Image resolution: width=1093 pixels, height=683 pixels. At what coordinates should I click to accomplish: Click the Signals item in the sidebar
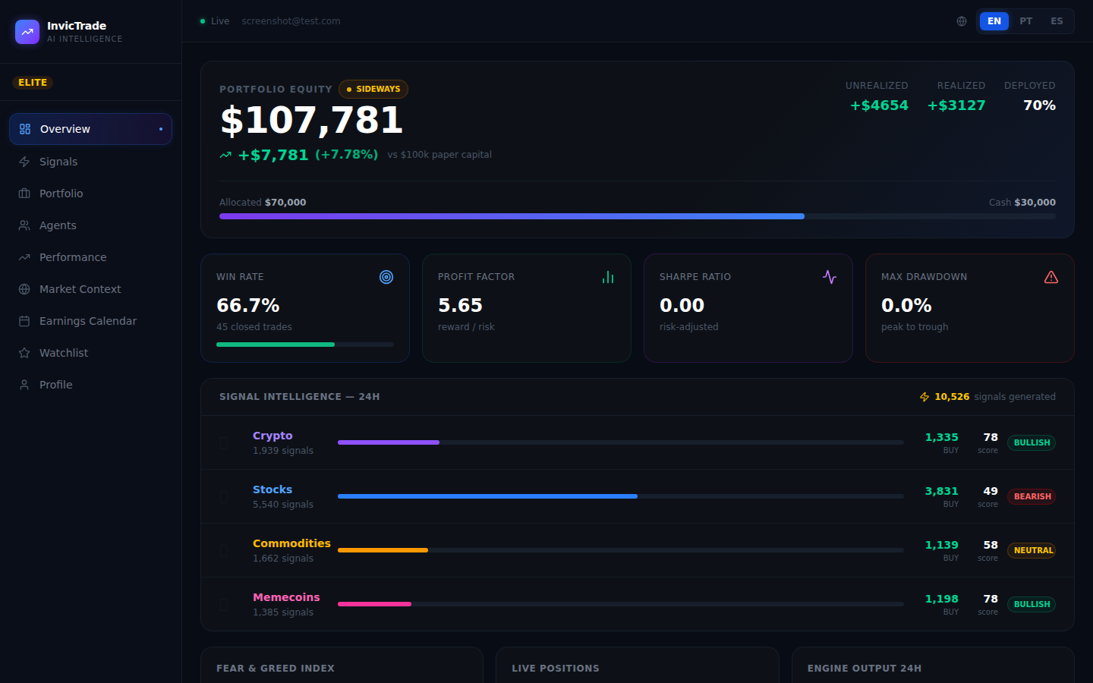point(58,162)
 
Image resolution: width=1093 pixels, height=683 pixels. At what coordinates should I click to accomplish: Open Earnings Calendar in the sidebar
point(87,321)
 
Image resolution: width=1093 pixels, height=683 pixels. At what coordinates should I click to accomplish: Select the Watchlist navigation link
point(63,353)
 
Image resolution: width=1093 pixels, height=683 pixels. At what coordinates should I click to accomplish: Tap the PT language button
point(1025,21)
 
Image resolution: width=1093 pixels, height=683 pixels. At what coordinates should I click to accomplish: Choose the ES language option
point(1057,21)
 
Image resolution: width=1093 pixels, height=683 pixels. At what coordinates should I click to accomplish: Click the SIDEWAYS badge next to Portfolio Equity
point(373,90)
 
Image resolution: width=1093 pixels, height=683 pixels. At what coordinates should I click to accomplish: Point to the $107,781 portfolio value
point(311,121)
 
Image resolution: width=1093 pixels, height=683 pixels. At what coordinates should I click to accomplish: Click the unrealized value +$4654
point(879,105)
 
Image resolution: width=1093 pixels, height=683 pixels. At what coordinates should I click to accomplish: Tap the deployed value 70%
point(1039,105)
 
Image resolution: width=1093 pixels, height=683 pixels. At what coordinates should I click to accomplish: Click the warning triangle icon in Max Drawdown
point(1050,278)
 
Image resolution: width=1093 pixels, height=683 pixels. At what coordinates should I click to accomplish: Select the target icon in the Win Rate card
point(386,278)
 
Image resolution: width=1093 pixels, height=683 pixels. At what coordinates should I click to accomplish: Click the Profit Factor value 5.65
point(460,305)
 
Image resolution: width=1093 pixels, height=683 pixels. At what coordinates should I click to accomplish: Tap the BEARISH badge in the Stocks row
point(1032,496)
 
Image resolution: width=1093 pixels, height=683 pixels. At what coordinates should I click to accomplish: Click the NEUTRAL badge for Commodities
point(1032,550)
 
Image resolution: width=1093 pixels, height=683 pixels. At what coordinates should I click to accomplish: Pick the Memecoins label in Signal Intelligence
point(286,597)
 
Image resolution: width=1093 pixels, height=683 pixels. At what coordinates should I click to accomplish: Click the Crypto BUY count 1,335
point(941,437)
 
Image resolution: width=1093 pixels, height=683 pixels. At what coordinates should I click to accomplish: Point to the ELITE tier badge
point(33,83)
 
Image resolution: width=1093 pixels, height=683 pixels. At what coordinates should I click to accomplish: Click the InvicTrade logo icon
point(27,32)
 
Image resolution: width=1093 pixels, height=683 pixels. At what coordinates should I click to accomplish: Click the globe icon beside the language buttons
point(962,21)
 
